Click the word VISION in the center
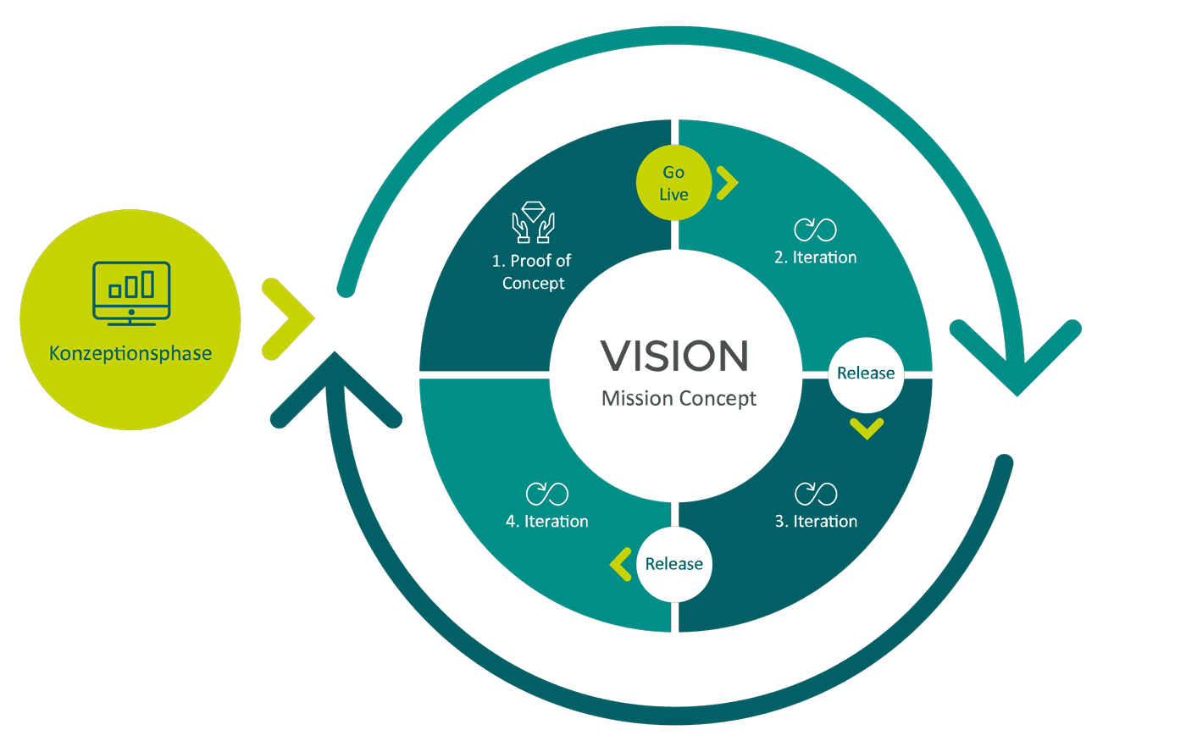[x=674, y=356]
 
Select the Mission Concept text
[x=679, y=398]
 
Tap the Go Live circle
[x=673, y=183]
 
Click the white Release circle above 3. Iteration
[x=866, y=373]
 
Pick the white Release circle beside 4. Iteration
[x=674, y=564]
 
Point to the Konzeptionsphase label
[x=130, y=353]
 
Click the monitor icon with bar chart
[x=131, y=293]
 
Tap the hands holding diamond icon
[x=533, y=222]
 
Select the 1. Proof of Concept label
[x=532, y=272]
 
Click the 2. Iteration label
[x=815, y=257]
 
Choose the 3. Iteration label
[x=816, y=522]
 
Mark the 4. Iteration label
[x=547, y=522]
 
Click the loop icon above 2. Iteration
[x=815, y=229]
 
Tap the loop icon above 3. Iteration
[x=816, y=494]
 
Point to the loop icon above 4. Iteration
[x=547, y=494]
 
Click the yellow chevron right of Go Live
[x=727, y=183]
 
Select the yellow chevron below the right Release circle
[x=867, y=429]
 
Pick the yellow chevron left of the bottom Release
[x=621, y=564]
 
